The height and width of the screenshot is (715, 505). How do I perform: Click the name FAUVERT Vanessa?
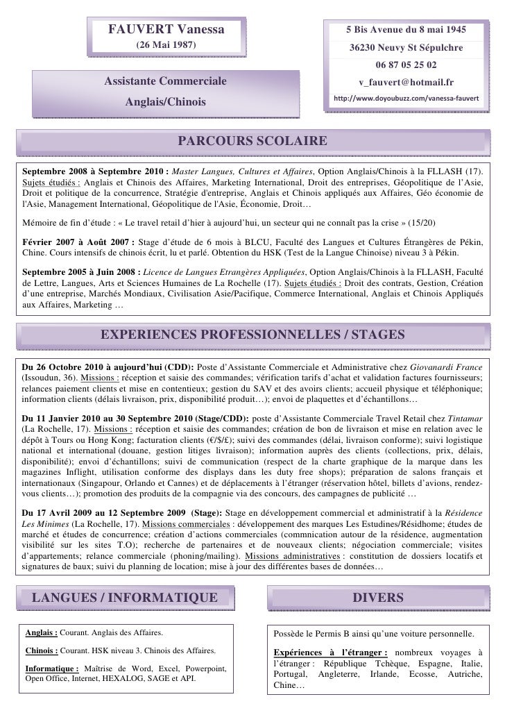(166, 30)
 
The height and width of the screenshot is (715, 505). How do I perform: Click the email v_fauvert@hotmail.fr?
(406, 83)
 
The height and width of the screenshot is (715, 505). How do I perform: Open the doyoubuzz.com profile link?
(406, 99)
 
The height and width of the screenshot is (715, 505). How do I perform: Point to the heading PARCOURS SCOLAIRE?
(252, 142)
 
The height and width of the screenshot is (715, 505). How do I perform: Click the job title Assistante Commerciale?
(166, 83)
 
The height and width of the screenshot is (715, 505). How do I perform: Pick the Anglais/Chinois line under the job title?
(166, 102)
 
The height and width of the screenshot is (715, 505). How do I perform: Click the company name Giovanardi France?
(450, 367)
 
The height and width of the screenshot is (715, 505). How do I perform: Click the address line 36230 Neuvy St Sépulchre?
(406, 49)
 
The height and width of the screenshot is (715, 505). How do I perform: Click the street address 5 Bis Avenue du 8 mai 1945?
(406, 31)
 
